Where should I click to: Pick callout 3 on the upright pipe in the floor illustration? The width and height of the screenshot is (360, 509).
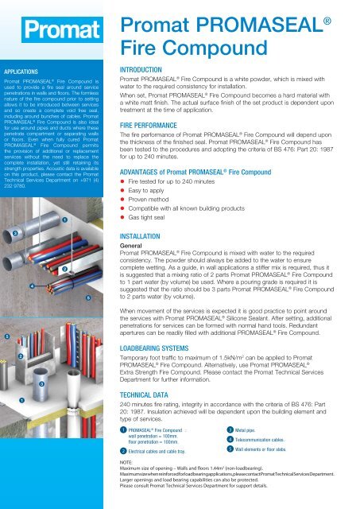52,384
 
